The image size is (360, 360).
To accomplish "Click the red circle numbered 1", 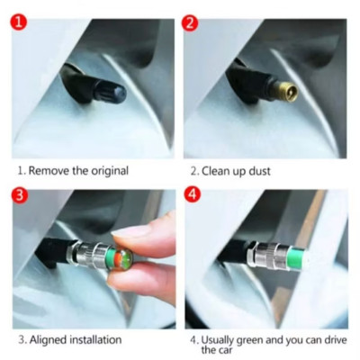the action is point(19,22).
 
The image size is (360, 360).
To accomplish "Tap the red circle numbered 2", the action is point(190,22).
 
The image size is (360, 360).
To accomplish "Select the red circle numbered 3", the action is point(20,195).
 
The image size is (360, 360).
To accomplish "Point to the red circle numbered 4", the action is point(192,194).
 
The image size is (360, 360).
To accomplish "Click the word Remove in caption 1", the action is point(49,171).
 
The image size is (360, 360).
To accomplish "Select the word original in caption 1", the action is point(110,171).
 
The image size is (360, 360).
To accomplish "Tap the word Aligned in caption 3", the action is point(48,340).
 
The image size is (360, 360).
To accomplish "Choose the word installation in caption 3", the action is point(95,340).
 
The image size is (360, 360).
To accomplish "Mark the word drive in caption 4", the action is point(334,340).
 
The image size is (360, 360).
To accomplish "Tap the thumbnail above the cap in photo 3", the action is point(132,231).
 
